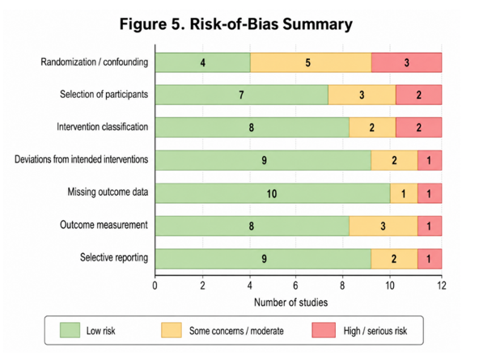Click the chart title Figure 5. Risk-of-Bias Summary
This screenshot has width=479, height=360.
(235, 24)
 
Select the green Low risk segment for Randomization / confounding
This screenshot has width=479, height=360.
(203, 62)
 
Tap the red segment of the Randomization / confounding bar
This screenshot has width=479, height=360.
(407, 62)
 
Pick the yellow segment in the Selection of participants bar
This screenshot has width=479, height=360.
(362, 95)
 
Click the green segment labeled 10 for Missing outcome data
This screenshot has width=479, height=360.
(273, 193)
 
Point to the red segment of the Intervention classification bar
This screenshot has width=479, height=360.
(419, 127)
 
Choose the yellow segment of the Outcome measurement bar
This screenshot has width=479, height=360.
(384, 226)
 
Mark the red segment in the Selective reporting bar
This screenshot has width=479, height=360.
(430, 259)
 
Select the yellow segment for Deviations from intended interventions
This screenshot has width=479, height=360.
(394, 160)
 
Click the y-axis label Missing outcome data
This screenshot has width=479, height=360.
(108, 192)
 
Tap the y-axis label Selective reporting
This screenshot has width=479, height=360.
(114, 257)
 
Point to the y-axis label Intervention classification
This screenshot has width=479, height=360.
(102, 127)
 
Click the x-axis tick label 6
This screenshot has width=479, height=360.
(295, 286)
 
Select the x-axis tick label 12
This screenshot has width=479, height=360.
(442, 286)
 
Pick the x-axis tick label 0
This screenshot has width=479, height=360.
(155, 286)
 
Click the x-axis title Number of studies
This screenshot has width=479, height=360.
(290, 303)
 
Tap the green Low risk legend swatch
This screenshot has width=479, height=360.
(70, 330)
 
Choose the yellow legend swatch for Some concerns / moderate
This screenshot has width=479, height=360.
(172, 330)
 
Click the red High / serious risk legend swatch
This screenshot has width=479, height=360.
(324, 330)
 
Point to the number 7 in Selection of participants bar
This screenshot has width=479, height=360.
(241, 95)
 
